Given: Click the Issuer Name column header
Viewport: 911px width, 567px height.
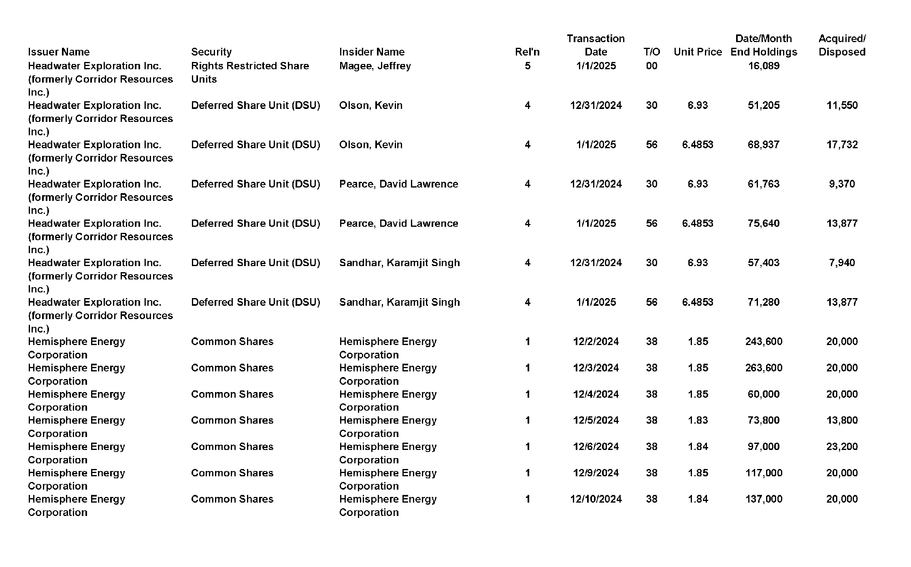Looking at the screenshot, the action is pos(59,52).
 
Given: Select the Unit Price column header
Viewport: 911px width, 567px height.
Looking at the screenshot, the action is pos(698,52).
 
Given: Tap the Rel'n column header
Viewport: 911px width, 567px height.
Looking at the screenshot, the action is pos(527,52).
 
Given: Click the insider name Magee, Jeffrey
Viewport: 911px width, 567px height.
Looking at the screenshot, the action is pos(375,66).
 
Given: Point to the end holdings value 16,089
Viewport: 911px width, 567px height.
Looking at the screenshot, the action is pos(764,66).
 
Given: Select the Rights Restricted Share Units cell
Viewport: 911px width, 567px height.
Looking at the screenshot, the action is pos(250,72).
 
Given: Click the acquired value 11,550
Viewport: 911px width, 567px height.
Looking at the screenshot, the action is pos(842,105).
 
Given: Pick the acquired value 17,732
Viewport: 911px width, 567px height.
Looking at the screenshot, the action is pos(842,145).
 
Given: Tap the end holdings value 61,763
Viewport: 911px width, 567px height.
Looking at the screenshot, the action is pos(764,184).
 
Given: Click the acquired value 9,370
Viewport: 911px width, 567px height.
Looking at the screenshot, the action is pos(842,184).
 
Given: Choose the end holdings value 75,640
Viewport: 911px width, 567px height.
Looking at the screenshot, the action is pos(764,223).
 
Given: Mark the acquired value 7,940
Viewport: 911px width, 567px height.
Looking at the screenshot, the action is pos(842,262).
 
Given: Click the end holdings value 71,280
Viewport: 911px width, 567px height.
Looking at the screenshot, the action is pos(764,302).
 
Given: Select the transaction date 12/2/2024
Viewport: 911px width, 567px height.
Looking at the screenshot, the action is pos(596,341).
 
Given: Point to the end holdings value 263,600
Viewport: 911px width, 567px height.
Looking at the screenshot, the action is pos(764,368).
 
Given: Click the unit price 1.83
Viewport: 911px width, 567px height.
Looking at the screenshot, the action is pos(698,420).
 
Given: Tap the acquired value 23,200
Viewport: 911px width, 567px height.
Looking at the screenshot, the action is pos(842,446).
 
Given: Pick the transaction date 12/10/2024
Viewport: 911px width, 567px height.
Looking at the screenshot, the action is pos(596,499).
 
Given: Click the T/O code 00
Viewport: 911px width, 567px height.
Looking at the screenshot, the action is pos(651,66).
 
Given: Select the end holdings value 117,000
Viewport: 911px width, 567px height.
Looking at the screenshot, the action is pos(764,473).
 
